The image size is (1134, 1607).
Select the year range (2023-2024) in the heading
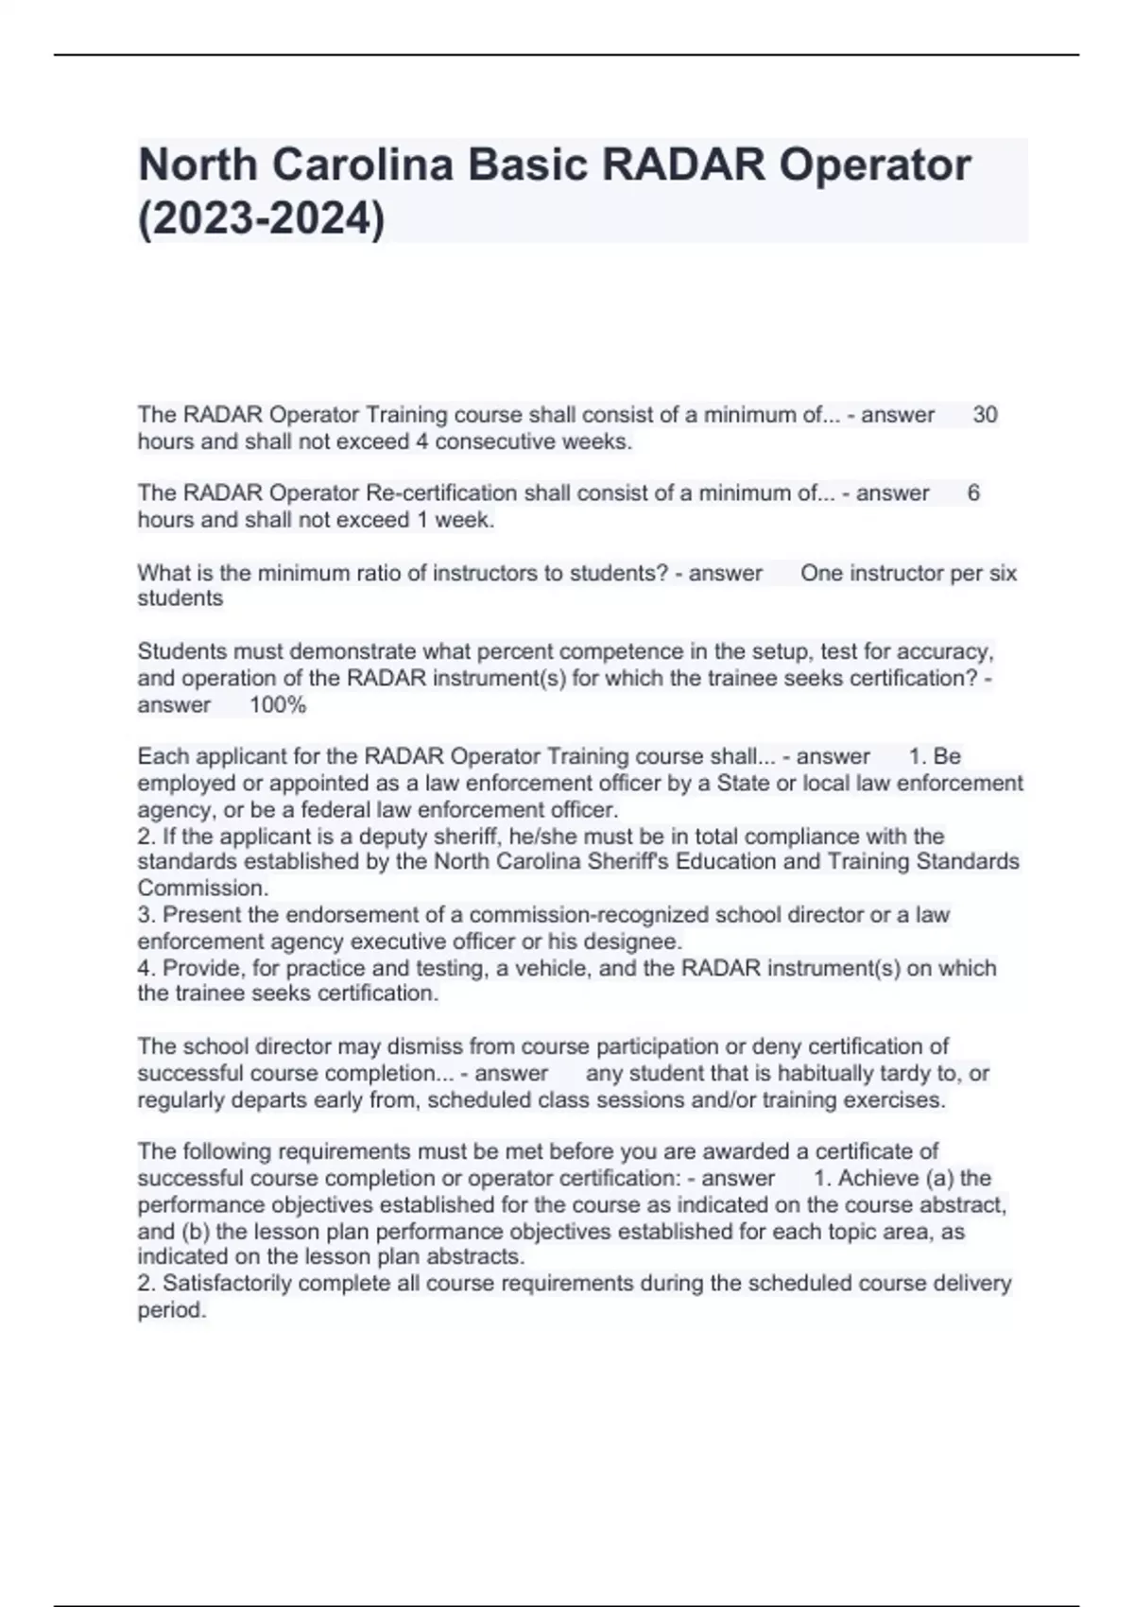[262, 220]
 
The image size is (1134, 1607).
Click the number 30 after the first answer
[985, 415]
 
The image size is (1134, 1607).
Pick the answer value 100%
[278, 705]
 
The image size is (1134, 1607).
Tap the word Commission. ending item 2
[203, 889]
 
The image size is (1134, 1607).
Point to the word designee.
[639, 942]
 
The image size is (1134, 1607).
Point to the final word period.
[171, 1311]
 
